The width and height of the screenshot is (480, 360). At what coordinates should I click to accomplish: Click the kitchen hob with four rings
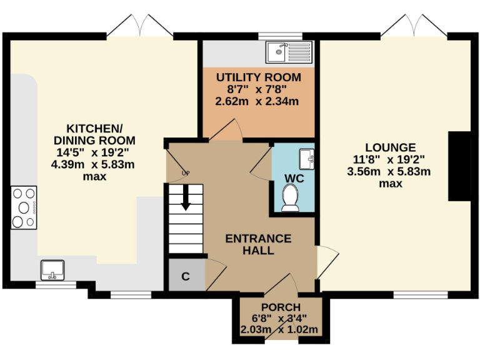(24, 207)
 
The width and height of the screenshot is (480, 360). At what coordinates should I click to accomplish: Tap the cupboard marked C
(186, 276)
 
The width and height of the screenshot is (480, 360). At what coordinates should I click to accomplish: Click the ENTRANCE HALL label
(258, 244)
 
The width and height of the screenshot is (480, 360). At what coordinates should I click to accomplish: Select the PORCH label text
(281, 307)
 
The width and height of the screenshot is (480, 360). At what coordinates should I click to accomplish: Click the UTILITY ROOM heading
(258, 77)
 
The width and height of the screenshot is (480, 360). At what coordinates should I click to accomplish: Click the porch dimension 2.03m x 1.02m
(280, 330)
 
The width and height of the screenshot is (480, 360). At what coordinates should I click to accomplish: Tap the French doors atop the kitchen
(141, 27)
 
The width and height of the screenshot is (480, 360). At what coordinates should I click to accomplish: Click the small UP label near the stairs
(185, 173)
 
